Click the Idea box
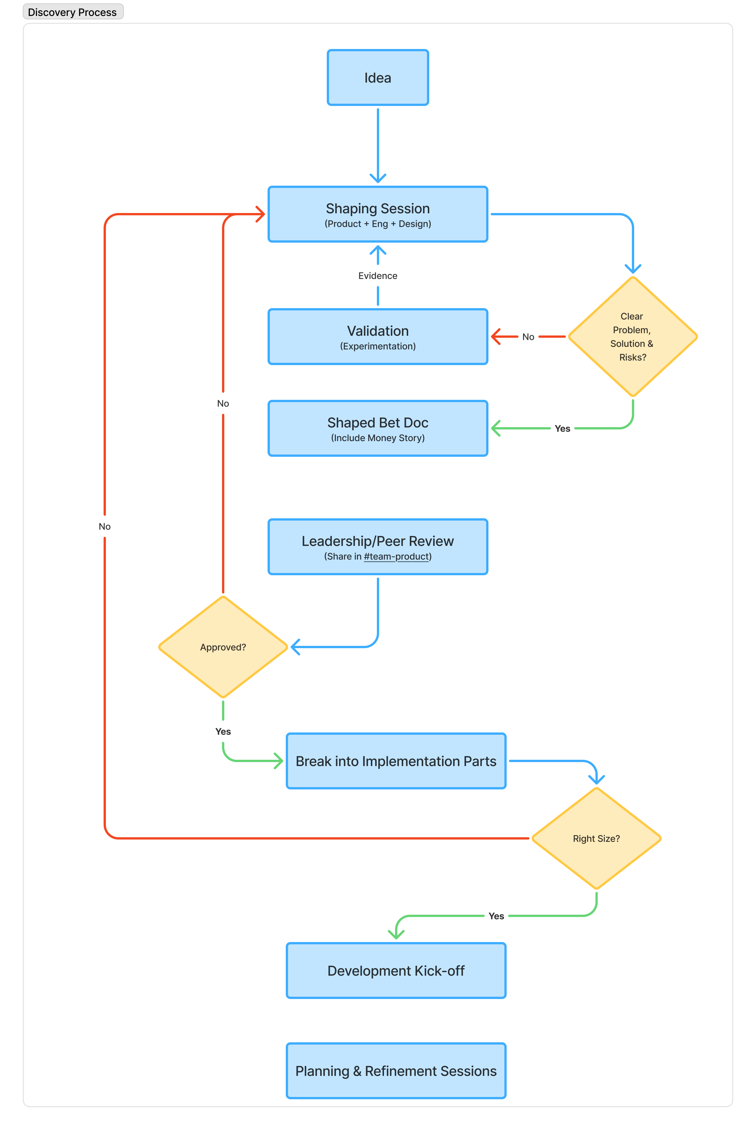point(377,78)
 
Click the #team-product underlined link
point(396,556)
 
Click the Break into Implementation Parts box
point(396,761)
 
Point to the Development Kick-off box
point(396,970)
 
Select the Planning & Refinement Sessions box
point(396,1071)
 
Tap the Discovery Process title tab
point(72,12)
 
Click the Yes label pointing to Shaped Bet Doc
point(562,428)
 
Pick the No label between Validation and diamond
point(528,337)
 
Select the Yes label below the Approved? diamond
point(223,731)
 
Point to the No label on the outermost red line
point(105,526)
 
